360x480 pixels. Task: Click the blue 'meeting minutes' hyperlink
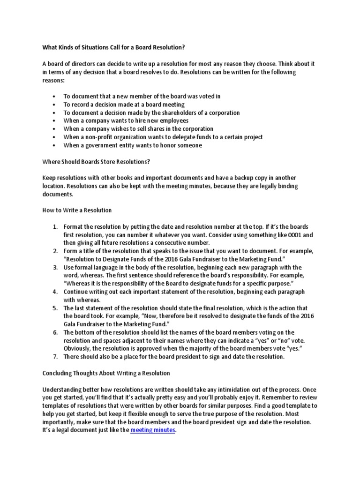(x=152, y=430)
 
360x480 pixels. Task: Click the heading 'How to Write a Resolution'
(x=77, y=210)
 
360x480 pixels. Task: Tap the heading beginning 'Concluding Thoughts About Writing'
(x=106, y=373)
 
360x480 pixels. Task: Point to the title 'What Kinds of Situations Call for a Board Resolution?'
(x=114, y=48)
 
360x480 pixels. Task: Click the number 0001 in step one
(x=297, y=234)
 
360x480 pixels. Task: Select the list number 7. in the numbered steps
(x=55, y=357)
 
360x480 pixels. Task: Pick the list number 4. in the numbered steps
(x=55, y=292)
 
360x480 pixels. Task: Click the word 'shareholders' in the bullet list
(x=174, y=112)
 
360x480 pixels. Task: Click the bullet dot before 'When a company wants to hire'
(x=55, y=121)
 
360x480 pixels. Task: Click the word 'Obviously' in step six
(x=78, y=349)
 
